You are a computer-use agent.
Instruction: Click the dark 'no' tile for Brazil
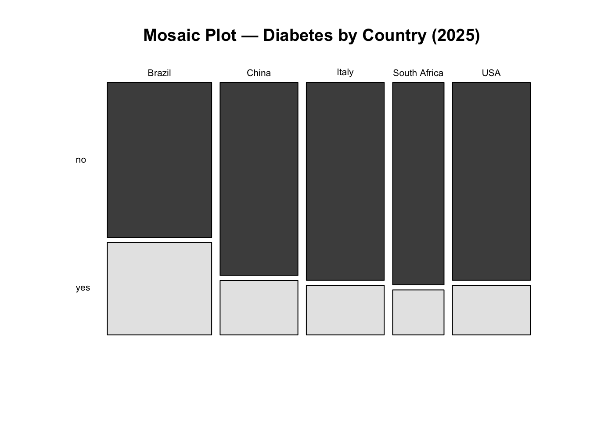(x=159, y=160)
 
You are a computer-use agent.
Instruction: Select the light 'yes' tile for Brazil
(x=159, y=288)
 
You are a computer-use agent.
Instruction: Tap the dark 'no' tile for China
(x=259, y=179)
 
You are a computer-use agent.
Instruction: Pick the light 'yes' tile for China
(x=259, y=308)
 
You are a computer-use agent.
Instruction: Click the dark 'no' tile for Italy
(x=345, y=181)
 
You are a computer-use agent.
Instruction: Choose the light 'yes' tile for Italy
(x=345, y=310)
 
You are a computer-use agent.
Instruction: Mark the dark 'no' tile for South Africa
(x=418, y=183)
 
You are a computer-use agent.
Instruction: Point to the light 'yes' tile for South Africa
(x=418, y=312)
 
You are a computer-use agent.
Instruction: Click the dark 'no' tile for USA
(x=491, y=181)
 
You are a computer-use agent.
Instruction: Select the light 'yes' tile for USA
(x=491, y=310)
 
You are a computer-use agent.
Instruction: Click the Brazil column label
(x=159, y=73)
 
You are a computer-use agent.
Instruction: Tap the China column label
(x=259, y=73)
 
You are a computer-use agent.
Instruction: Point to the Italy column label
(x=345, y=72)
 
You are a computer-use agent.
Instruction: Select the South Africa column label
(x=418, y=73)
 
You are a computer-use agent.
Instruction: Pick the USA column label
(x=491, y=73)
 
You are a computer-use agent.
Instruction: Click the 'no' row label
(x=81, y=160)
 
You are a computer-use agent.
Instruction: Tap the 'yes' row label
(x=83, y=288)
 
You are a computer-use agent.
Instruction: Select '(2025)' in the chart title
(x=456, y=36)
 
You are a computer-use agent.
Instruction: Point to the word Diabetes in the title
(x=298, y=36)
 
